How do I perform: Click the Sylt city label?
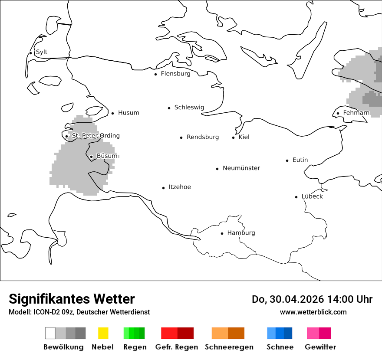pyautogui.click(x=42, y=52)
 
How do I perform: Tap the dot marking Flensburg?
pyautogui.click(x=155, y=74)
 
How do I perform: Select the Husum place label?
pyautogui.click(x=128, y=113)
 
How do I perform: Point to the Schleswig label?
pyautogui.click(x=189, y=108)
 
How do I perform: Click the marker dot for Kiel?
pyautogui.click(x=233, y=137)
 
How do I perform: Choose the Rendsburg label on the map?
pyautogui.click(x=203, y=137)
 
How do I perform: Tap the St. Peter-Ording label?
pyautogui.click(x=95, y=136)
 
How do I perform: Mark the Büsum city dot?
pyautogui.click(x=91, y=157)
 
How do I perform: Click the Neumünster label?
pyautogui.click(x=241, y=168)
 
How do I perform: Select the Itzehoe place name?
pyautogui.click(x=180, y=187)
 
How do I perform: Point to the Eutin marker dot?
pyautogui.click(x=287, y=160)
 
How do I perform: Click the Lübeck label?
pyautogui.click(x=312, y=196)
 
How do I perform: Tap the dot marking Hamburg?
pyautogui.click(x=222, y=233)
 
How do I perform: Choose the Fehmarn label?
pyautogui.click(x=356, y=113)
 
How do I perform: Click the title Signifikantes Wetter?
pyautogui.click(x=72, y=299)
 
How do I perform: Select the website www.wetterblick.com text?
pyautogui.click(x=313, y=312)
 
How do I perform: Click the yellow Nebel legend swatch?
pyautogui.click(x=103, y=333)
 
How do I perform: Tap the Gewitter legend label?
pyautogui.click(x=320, y=347)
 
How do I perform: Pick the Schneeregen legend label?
pyautogui.click(x=229, y=347)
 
